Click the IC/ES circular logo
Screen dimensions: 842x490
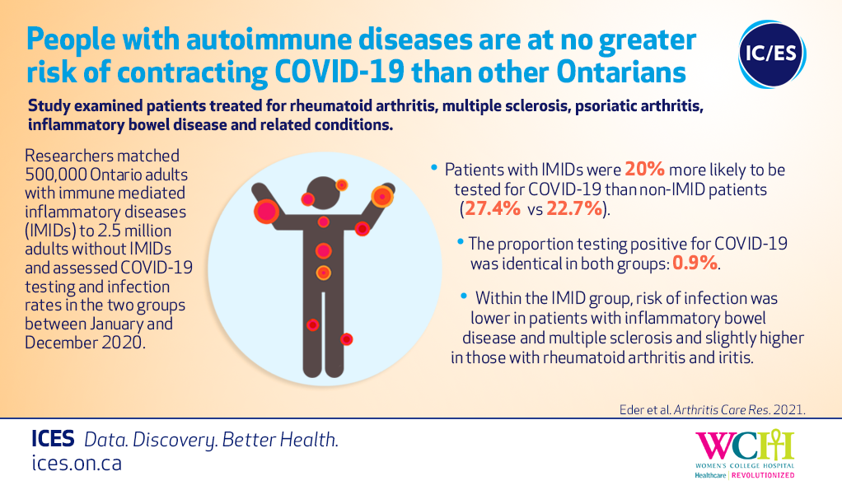772,54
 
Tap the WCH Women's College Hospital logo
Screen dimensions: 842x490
745,454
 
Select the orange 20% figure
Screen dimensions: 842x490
644,170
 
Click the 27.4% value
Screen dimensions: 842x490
493,209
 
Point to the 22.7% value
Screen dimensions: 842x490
574,209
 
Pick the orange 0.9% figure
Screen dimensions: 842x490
695,263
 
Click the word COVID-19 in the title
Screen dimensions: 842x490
339,72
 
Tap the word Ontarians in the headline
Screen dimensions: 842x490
621,72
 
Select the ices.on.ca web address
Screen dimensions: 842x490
77,463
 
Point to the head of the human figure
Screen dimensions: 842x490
323,193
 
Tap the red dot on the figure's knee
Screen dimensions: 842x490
312,324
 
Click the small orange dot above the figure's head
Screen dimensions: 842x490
342,185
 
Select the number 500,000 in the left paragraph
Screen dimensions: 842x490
56,175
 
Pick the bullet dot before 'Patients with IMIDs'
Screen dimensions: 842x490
434,168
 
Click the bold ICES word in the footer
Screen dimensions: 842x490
53,439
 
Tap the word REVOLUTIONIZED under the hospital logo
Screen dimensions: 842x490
763,475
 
